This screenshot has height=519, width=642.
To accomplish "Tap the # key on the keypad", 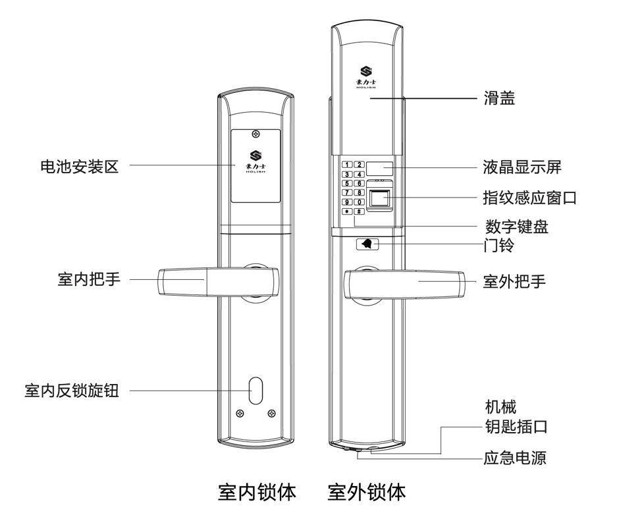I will tap(360, 211).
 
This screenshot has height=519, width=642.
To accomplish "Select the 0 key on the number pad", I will tap(360, 202).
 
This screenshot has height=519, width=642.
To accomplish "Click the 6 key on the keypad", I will tap(360, 183).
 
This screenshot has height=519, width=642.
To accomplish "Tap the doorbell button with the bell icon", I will tap(367, 244).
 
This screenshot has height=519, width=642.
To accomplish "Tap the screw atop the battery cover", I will tap(255, 134).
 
